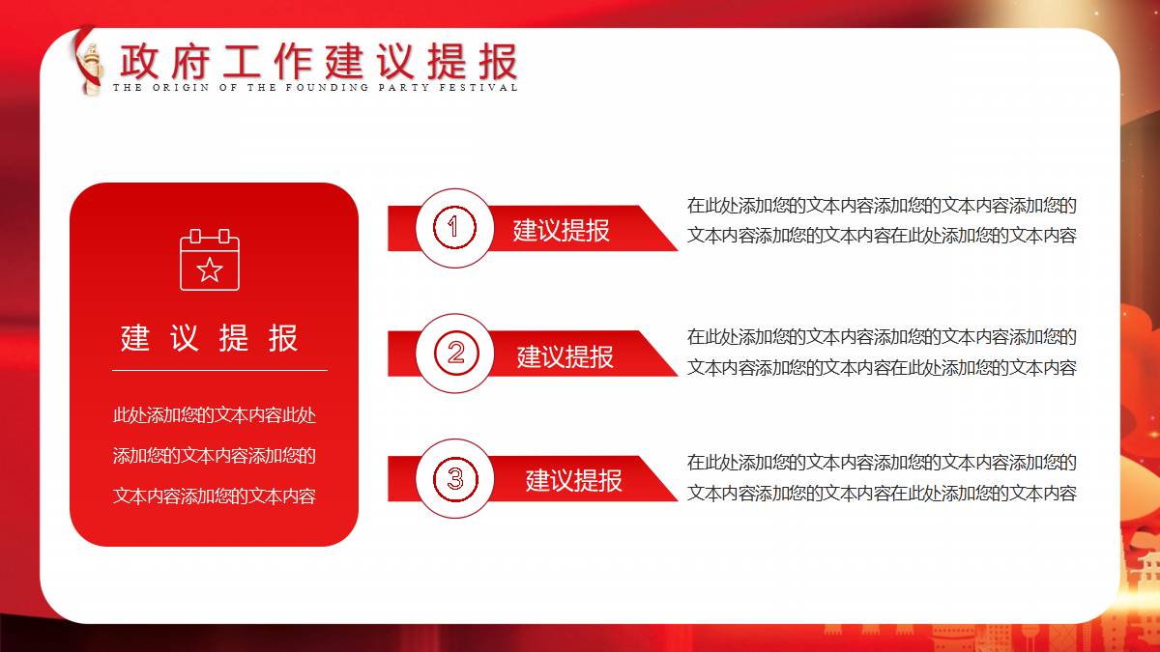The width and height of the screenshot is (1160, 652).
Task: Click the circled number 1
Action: [x=454, y=227]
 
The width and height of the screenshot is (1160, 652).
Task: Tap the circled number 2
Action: [x=455, y=353]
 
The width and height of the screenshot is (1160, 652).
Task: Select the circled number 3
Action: [x=455, y=479]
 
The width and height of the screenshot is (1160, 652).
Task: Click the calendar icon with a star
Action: [x=210, y=260]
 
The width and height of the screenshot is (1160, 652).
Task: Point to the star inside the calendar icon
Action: [x=210, y=269]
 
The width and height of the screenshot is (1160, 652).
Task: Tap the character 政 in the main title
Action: [x=139, y=61]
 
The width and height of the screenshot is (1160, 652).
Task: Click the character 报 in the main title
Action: [x=498, y=61]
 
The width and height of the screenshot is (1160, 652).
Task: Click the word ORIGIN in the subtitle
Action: [x=181, y=88]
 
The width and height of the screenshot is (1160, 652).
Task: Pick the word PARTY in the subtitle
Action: [x=404, y=88]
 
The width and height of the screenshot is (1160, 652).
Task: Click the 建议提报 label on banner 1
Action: [x=562, y=230]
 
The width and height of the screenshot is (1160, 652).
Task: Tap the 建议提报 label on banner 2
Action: [x=565, y=356]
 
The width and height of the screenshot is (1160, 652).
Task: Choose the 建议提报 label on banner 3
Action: [x=574, y=481]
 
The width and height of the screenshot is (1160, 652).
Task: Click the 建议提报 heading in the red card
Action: [x=209, y=338]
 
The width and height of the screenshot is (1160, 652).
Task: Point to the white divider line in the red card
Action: [x=220, y=371]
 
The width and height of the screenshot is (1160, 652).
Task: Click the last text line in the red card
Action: [x=215, y=496]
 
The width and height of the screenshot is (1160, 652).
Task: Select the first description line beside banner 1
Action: [x=882, y=206]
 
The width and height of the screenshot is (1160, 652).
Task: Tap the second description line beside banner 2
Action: [x=882, y=368]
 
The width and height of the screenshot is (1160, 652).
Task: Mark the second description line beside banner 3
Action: [x=882, y=494]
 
